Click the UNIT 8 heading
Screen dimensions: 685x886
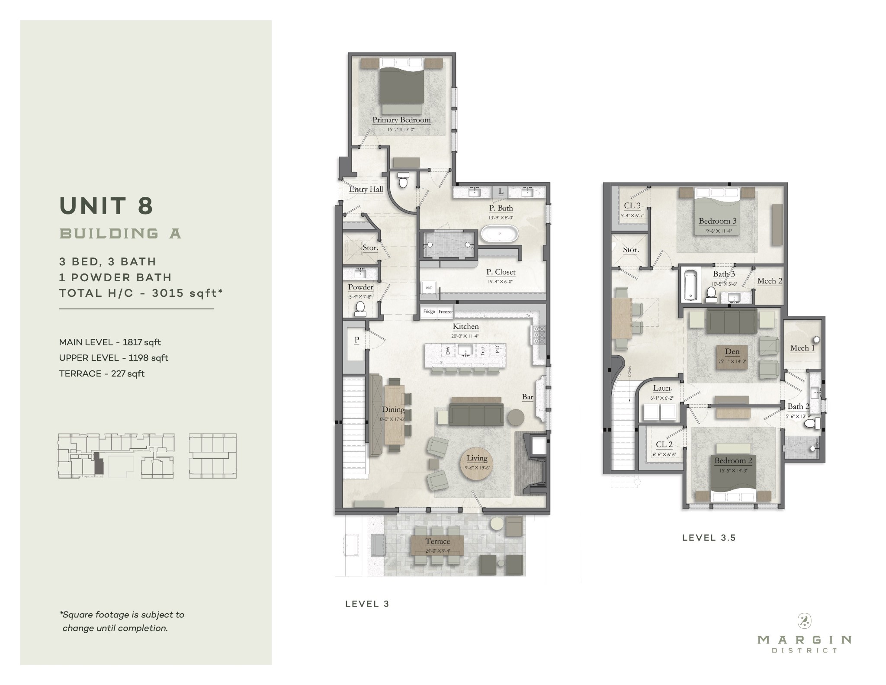(x=106, y=206)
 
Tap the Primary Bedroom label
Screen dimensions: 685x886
(x=401, y=120)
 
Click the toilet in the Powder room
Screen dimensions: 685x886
(x=360, y=308)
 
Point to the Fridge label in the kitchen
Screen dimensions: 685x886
(x=429, y=312)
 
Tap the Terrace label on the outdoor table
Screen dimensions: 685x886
(x=437, y=541)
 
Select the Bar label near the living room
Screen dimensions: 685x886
(x=527, y=396)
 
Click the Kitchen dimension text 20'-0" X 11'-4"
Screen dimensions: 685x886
(x=465, y=335)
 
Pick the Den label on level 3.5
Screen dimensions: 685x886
(x=732, y=351)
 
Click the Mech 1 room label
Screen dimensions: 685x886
(x=802, y=348)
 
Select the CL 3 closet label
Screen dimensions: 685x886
(x=632, y=206)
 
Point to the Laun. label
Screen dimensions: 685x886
(x=662, y=388)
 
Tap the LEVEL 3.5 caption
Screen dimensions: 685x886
(x=709, y=538)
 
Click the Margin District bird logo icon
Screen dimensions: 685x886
(x=804, y=621)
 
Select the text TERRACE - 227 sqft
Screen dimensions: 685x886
(x=102, y=373)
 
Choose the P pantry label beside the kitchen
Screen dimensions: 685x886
(x=356, y=339)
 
